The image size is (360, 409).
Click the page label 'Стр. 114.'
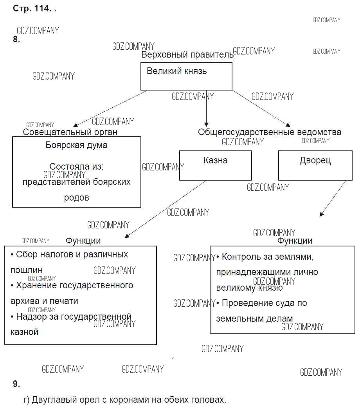tap(32, 9)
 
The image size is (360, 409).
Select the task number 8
tap(16, 39)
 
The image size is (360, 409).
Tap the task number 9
tap(16, 384)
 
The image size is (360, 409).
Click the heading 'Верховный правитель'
tap(187, 55)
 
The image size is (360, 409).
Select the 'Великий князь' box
tap(186, 76)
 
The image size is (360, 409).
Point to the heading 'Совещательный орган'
tap(70, 132)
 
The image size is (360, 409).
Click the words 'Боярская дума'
tap(77, 145)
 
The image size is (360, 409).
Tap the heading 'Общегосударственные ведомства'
tap(269, 132)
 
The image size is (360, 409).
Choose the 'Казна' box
tap(216, 165)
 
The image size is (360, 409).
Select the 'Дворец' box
tap(315, 165)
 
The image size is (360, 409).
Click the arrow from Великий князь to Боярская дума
tap(110, 108)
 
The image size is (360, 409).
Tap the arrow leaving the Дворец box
tap(333, 198)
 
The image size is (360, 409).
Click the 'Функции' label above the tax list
tap(83, 241)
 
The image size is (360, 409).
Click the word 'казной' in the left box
tap(24, 332)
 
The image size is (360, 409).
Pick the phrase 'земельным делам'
tap(254, 319)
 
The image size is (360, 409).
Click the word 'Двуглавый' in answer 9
tap(53, 400)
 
